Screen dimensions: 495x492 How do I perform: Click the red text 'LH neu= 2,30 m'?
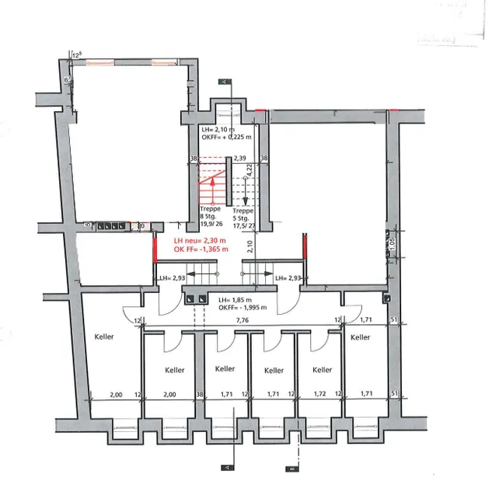[200, 241]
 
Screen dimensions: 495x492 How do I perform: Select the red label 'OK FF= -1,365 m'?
[201, 249]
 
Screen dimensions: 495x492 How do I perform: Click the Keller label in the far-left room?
[104, 337]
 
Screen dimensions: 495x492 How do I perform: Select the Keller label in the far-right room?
[360, 336]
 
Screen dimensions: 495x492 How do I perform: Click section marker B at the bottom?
[290, 469]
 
